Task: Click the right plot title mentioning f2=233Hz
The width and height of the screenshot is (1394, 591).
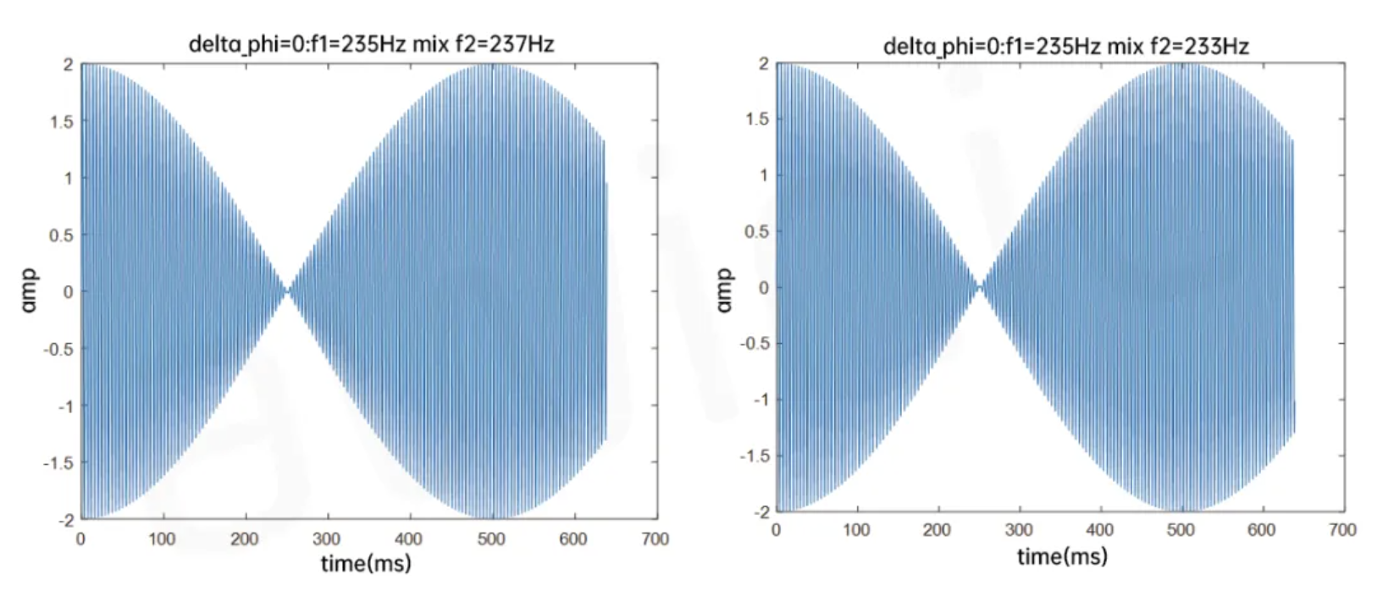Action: click(x=1065, y=46)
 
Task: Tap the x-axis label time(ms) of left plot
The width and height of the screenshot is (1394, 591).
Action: click(x=366, y=563)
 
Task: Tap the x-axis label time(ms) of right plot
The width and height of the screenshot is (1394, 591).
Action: click(x=1062, y=556)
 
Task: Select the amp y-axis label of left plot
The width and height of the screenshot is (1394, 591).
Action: click(x=29, y=290)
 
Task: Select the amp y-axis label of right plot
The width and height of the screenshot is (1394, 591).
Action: click(x=724, y=290)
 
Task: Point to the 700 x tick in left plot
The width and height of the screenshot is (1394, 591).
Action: click(x=656, y=539)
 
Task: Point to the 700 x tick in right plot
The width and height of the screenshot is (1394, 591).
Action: click(x=1342, y=530)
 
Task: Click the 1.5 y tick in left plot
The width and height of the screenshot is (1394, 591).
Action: click(x=61, y=121)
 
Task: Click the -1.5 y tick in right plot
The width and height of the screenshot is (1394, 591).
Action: click(x=755, y=456)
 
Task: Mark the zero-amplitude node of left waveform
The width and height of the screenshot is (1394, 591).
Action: click(x=288, y=291)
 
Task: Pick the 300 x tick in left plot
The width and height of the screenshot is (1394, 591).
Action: click(x=326, y=539)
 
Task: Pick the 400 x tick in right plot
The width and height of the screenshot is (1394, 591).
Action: click(x=1100, y=530)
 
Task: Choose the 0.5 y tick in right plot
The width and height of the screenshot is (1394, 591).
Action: click(x=758, y=231)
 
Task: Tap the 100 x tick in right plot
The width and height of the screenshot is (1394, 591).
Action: click(x=856, y=530)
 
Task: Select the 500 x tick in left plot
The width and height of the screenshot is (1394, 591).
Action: click(x=491, y=539)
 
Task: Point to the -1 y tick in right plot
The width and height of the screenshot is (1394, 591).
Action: click(x=761, y=400)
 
